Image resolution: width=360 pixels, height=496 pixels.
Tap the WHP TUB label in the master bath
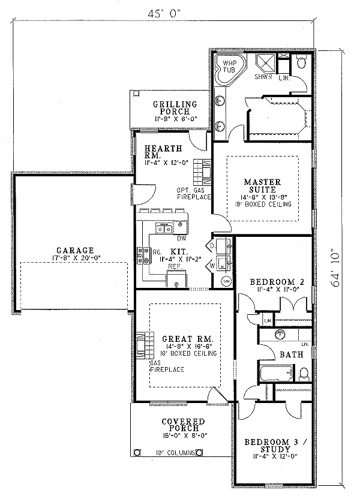click(x=229, y=66)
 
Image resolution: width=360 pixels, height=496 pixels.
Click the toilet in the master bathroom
click(x=302, y=61)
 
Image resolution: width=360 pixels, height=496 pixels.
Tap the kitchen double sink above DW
click(x=164, y=227)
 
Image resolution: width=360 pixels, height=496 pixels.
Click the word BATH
click(x=291, y=354)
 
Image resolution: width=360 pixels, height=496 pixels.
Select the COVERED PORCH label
click(x=183, y=425)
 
